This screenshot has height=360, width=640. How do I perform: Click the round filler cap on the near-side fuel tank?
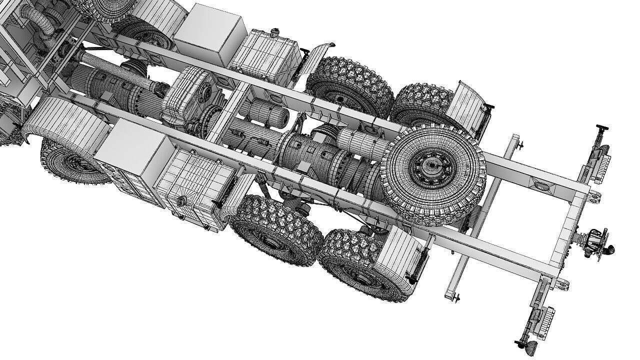[x=180, y=201]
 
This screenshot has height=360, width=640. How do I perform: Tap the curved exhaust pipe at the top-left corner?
[x=45, y=25]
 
